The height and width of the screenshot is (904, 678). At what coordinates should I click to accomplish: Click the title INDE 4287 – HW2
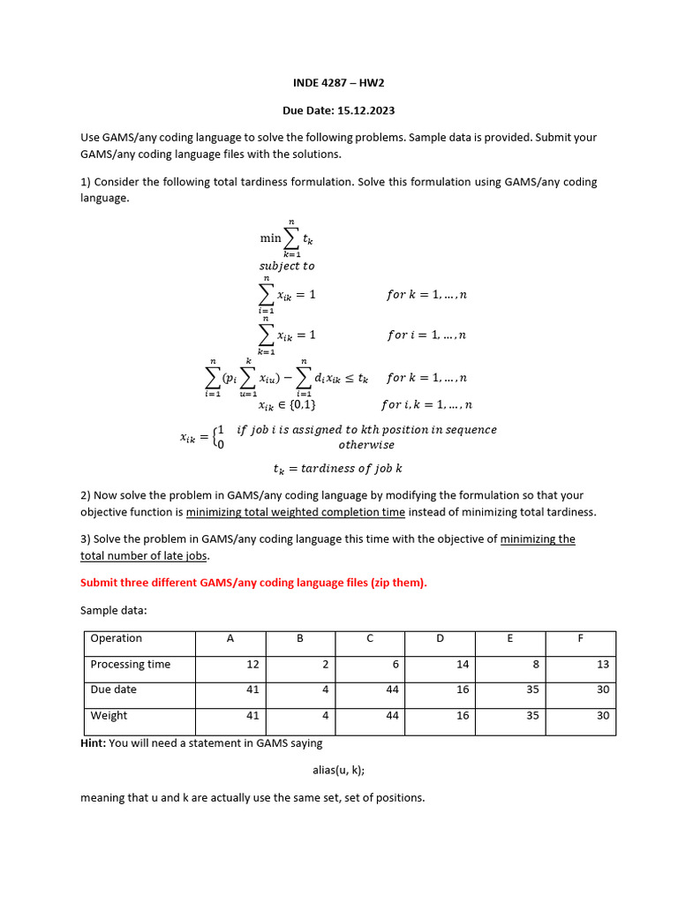tap(339, 83)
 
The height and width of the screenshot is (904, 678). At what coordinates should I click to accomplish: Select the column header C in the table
tap(369, 638)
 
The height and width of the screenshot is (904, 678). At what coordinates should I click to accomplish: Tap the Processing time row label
tap(130, 664)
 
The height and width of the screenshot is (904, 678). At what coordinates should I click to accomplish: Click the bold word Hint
tap(93, 743)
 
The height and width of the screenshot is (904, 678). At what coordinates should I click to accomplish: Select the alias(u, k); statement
tap(338, 770)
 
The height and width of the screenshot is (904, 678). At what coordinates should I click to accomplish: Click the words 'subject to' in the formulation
tap(286, 266)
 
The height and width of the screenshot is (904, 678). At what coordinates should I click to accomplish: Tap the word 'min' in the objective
tap(270, 238)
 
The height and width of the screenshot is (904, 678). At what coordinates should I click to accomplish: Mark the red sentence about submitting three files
tap(253, 583)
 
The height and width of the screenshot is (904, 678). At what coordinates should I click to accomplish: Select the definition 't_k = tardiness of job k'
tap(338, 468)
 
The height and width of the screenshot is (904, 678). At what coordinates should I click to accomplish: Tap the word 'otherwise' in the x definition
tap(366, 445)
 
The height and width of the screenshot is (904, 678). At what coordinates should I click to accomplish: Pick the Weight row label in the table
tap(109, 715)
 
